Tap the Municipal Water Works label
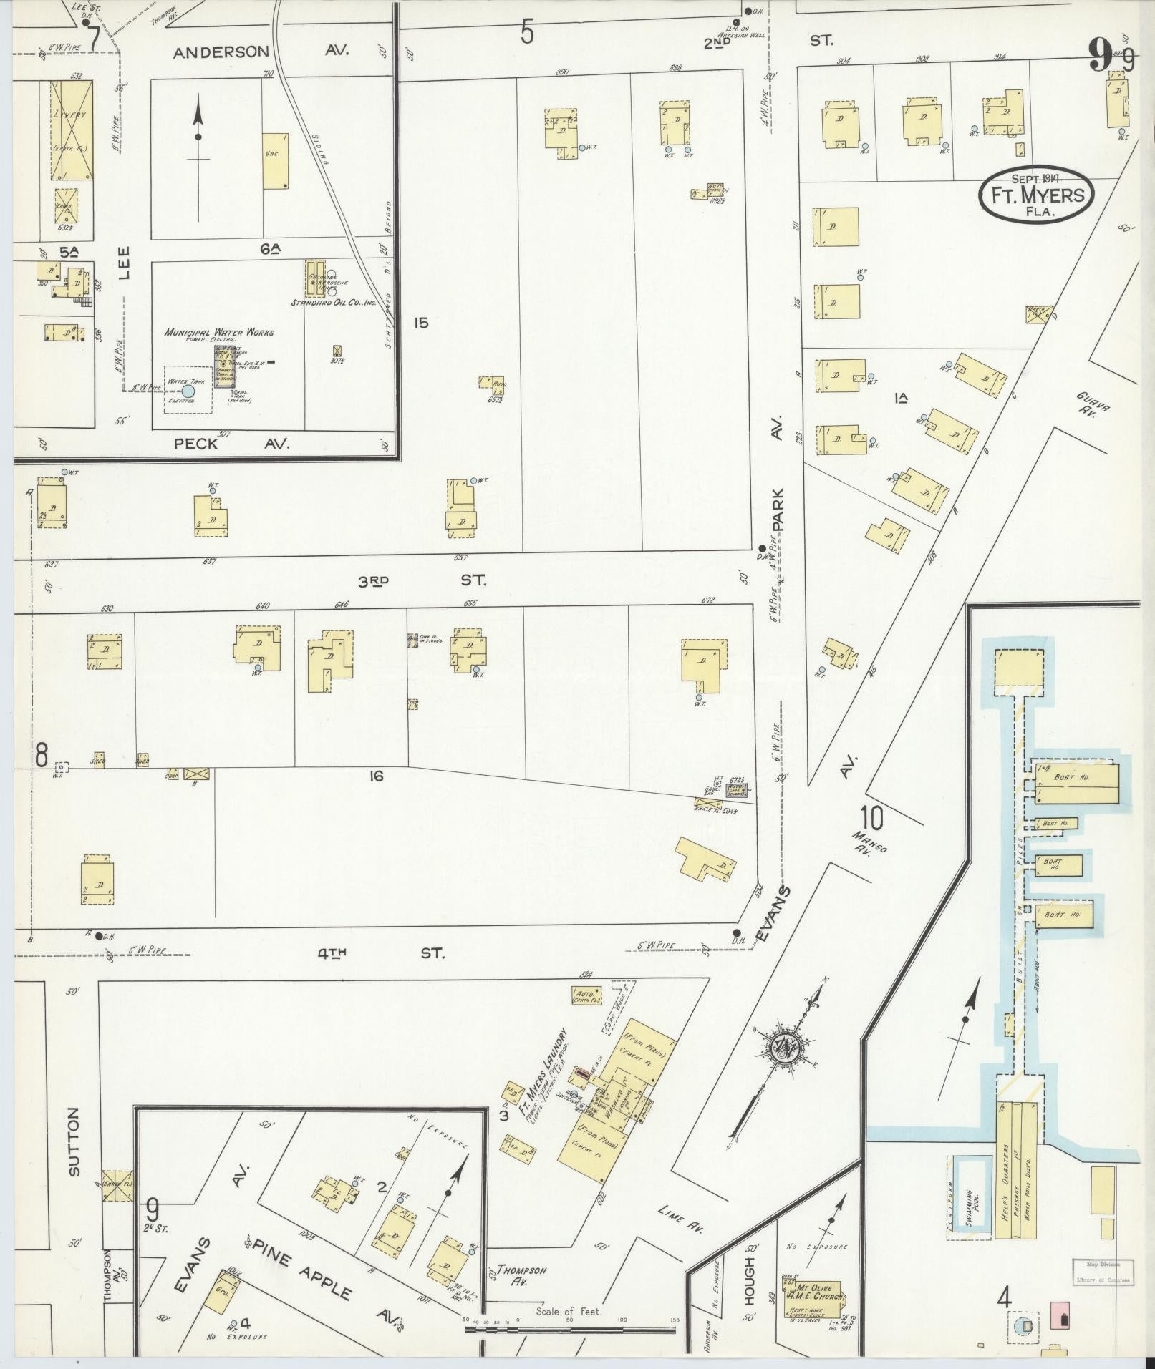click(x=219, y=332)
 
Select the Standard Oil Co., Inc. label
click(x=334, y=303)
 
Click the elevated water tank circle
click(x=188, y=391)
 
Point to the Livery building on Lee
click(x=71, y=130)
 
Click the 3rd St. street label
click(x=422, y=581)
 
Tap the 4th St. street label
click(x=382, y=953)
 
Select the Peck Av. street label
click(x=232, y=444)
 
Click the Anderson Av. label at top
click(x=261, y=52)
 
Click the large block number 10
click(x=872, y=817)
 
